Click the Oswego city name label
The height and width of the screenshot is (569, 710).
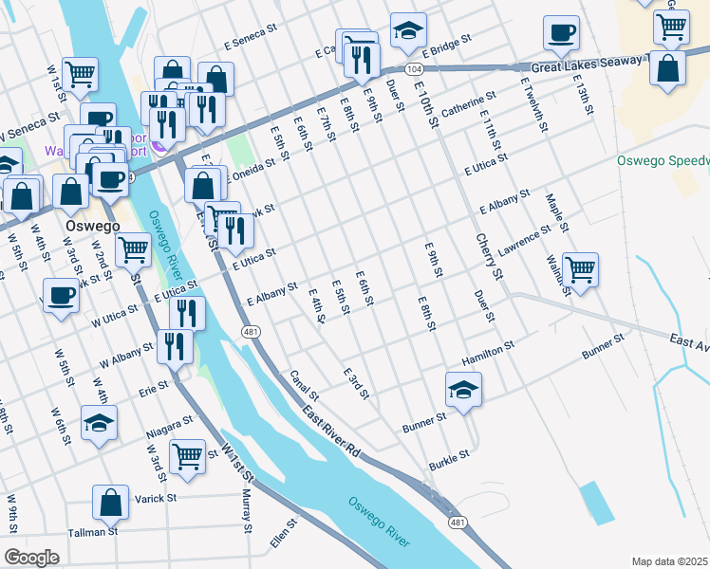click(92, 228)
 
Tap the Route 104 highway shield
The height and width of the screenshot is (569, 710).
click(413, 70)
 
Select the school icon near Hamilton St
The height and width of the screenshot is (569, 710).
click(463, 390)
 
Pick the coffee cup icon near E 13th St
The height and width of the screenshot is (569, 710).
click(561, 33)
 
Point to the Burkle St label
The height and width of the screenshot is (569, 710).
click(449, 457)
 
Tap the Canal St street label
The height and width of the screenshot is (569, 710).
click(305, 385)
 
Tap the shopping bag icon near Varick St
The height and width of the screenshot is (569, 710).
click(111, 504)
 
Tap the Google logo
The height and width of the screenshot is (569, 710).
click(31, 558)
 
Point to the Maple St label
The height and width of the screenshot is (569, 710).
click(556, 213)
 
